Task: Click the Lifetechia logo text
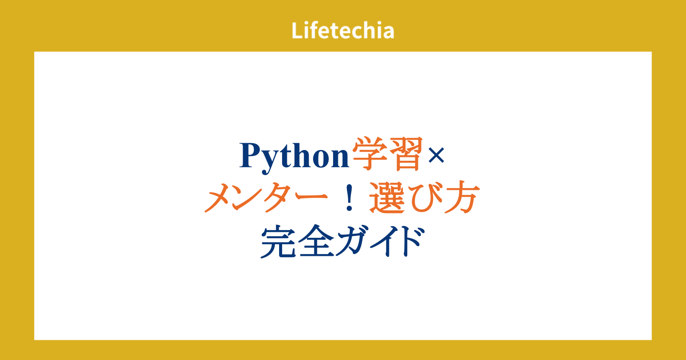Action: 343,30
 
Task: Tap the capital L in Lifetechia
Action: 297,30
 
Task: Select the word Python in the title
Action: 294,156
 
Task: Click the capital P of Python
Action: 251,155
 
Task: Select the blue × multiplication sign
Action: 436,155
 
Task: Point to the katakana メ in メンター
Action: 221,198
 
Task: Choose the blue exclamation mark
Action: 349,197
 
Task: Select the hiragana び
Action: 424,198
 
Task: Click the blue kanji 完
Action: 278,241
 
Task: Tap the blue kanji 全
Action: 316,241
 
